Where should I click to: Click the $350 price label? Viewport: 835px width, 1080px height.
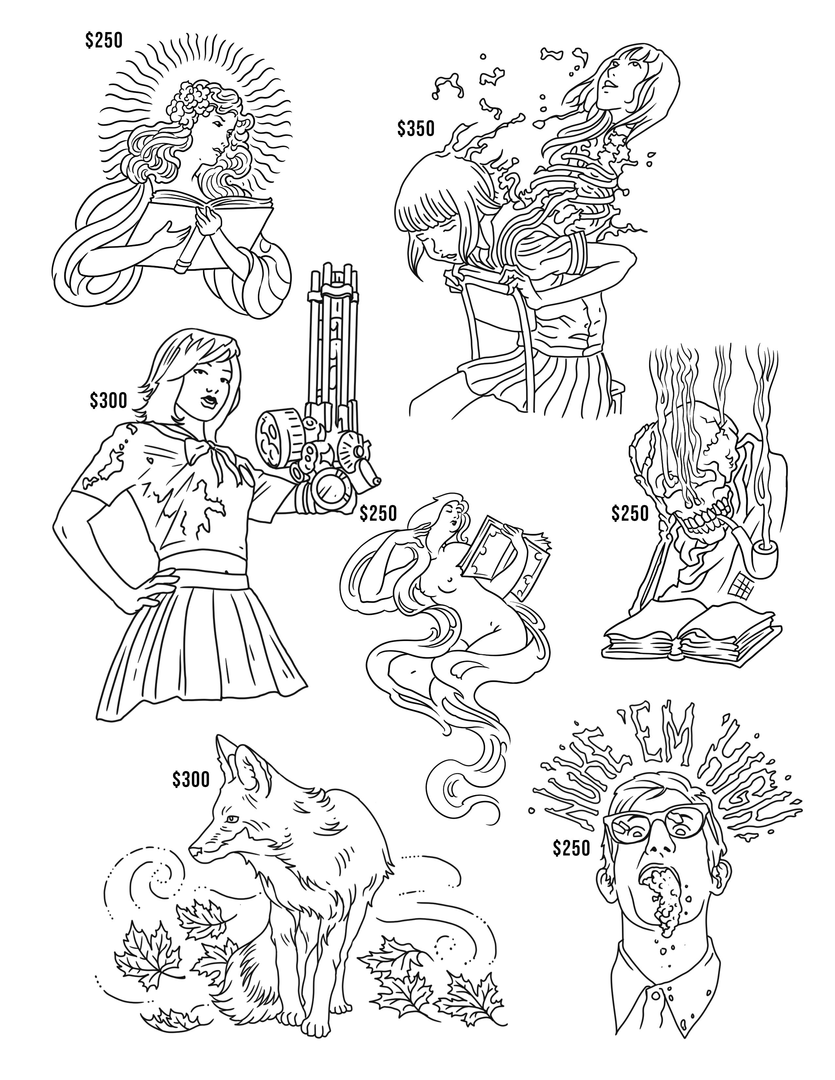coord(416,129)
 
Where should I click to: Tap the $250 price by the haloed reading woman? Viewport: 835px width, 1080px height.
coord(103,41)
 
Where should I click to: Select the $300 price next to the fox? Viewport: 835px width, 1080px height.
coord(191,780)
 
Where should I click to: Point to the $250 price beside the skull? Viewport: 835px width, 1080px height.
coord(630,514)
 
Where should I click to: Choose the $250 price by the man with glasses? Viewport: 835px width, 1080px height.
coord(572,849)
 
